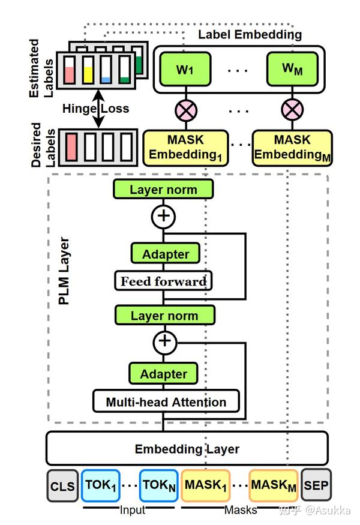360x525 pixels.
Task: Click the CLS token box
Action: point(63,485)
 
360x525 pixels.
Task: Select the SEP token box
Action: point(316,485)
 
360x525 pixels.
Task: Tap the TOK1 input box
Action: point(100,485)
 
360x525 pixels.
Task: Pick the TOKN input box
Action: point(159,485)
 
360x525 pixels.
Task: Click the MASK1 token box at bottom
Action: point(206,485)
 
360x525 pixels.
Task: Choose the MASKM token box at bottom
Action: point(274,485)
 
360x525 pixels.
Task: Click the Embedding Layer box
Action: point(187,449)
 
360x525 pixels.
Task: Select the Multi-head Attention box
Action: point(166,401)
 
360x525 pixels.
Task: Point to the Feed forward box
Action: point(163,281)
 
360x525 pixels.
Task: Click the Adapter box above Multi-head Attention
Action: point(163,374)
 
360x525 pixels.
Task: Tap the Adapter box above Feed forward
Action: point(165,254)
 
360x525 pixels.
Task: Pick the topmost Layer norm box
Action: point(163,190)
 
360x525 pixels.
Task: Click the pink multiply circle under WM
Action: point(292,110)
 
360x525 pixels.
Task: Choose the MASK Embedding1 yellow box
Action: point(185,148)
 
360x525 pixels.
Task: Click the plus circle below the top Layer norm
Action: point(163,217)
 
